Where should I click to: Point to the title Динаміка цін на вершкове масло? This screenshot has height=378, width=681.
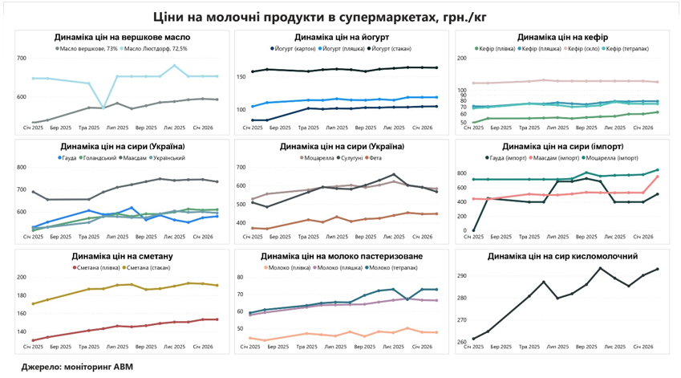[123, 37]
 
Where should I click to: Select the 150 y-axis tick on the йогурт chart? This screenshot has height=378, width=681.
[241, 77]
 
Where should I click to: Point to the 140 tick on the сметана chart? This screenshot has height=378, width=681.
[21, 331]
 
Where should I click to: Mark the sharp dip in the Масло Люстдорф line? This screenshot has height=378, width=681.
[103, 107]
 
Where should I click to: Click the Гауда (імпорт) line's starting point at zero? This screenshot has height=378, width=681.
[473, 230]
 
